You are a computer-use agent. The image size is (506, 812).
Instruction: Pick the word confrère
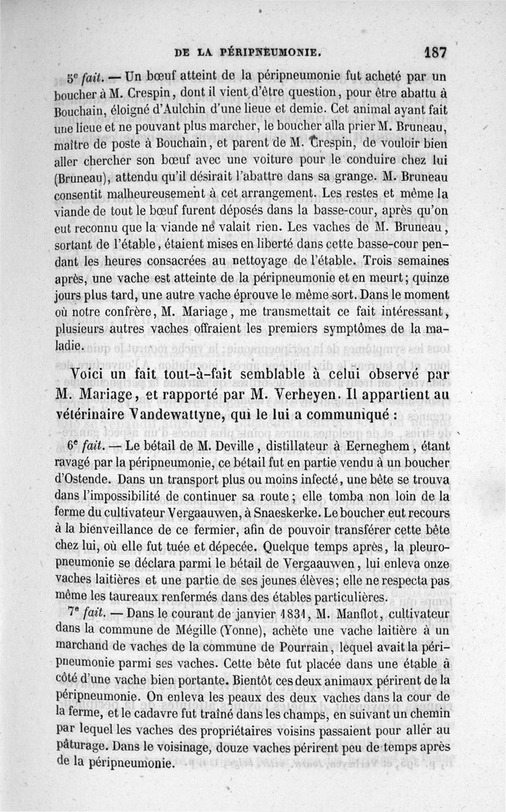point(124,311)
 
